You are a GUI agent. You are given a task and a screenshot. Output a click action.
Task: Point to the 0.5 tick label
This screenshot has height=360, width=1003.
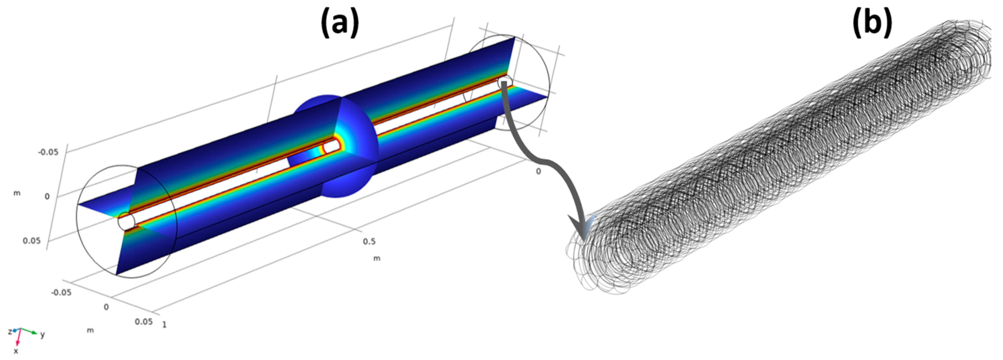369,241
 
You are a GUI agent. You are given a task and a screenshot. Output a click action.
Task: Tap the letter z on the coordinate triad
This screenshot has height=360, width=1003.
10,332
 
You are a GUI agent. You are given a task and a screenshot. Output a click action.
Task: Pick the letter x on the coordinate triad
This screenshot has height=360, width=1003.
16,351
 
